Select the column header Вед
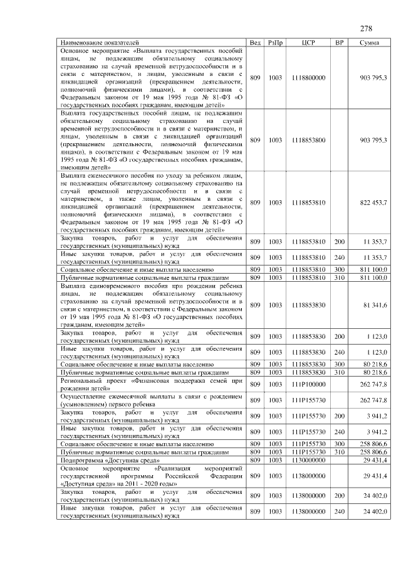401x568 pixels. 255,43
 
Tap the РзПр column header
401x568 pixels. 275,43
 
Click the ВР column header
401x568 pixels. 339,43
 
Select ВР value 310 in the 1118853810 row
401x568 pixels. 339,277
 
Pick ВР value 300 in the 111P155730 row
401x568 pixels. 339,444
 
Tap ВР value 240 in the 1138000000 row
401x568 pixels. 339,512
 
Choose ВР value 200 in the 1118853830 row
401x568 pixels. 339,337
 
